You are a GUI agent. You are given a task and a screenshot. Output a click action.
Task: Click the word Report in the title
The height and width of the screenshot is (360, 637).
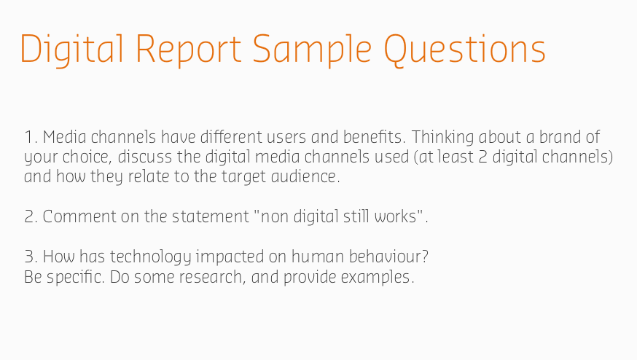(189, 50)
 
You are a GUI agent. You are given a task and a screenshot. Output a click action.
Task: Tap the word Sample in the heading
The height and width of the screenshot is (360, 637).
(312, 50)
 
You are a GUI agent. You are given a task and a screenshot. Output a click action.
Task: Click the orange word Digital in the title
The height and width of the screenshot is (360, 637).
(72, 50)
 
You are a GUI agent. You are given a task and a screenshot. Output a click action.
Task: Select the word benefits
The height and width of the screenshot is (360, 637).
(374, 137)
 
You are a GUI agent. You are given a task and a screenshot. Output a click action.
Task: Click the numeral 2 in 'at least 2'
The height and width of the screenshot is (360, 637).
(482, 157)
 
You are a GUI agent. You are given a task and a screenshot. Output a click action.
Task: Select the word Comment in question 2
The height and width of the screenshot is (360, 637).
(79, 216)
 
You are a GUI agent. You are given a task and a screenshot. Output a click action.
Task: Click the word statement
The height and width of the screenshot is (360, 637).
(211, 217)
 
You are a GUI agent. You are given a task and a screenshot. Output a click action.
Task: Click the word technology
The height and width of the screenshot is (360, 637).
(150, 257)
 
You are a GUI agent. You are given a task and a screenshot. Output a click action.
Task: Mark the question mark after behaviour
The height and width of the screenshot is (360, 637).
(425, 257)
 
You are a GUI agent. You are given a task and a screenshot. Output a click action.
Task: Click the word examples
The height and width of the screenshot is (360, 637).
(378, 278)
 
